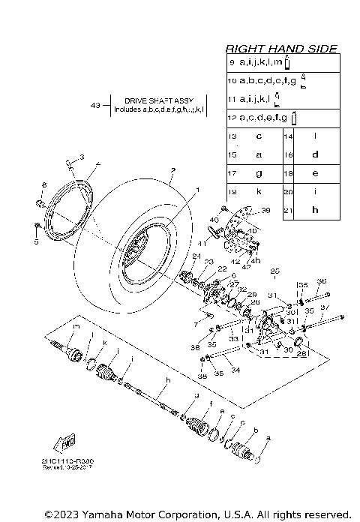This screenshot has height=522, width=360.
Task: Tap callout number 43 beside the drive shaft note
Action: (x=95, y=105)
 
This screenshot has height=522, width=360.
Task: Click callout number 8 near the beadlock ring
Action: (x=44, y=184)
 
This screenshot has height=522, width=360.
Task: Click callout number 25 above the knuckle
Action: (x=274, y=270)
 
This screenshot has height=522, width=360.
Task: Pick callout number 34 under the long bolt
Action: (x=237, y=369)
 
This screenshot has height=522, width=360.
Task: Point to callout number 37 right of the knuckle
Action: (x=325, y=307)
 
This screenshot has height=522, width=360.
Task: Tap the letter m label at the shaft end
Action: (x=76, y=326)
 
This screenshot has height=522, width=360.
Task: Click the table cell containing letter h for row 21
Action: (x=315, y=209)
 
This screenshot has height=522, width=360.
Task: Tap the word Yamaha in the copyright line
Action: (x=100, y=514)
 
